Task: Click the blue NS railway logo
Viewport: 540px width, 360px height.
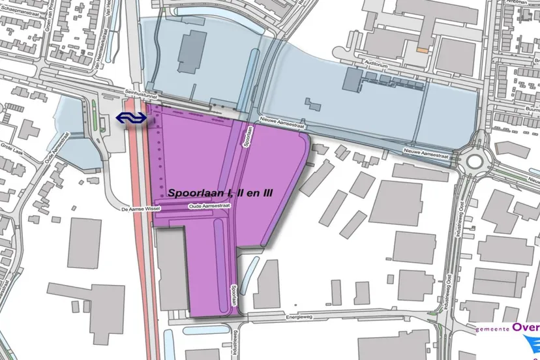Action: coord(130,117)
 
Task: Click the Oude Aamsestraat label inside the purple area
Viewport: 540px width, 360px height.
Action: coord(209,206)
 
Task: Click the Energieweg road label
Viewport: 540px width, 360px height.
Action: coord(300,318)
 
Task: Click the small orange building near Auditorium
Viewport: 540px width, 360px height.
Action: coord(423,48)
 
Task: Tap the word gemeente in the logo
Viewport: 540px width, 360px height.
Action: coord(492,331)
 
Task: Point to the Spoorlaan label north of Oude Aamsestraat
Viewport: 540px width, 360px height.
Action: coord(248,138)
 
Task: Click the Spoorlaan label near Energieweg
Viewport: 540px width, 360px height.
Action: coord(233,295)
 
